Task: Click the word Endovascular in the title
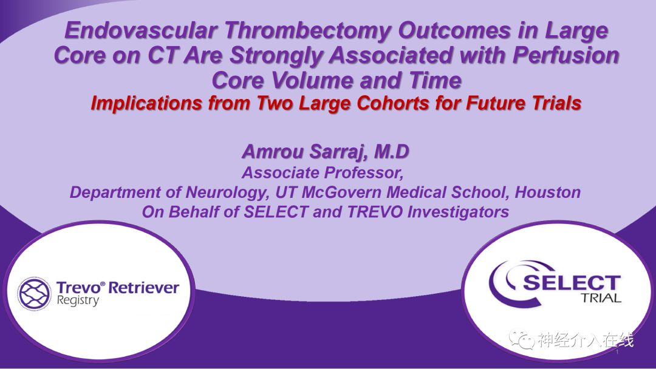pyautogui.click(x=141, y=30)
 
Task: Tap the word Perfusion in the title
pyautogui.click(x=566, y=55)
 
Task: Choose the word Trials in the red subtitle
pyautogui.click(x=555, y=103)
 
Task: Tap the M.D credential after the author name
pyautogui.click(x=391, y=151)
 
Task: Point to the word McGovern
pyautogui.click(x=341, y=192)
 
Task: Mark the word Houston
pyautogui.click(x=548, y=192)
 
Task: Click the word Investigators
pyautogui.click(x=458, y=212)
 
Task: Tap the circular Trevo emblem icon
pyautogui.click(x=34, y=293)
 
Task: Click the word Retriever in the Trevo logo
pyautogui.click(x=143, y=288)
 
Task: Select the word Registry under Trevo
pyautogui.click(x=78, y=301)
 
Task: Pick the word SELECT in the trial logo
pyautogui.click(x=572, y=283)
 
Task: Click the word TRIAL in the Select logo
pyautogui.click(x=600, y=299)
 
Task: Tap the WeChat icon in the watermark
pyautogui.click(x=521, y=339)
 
